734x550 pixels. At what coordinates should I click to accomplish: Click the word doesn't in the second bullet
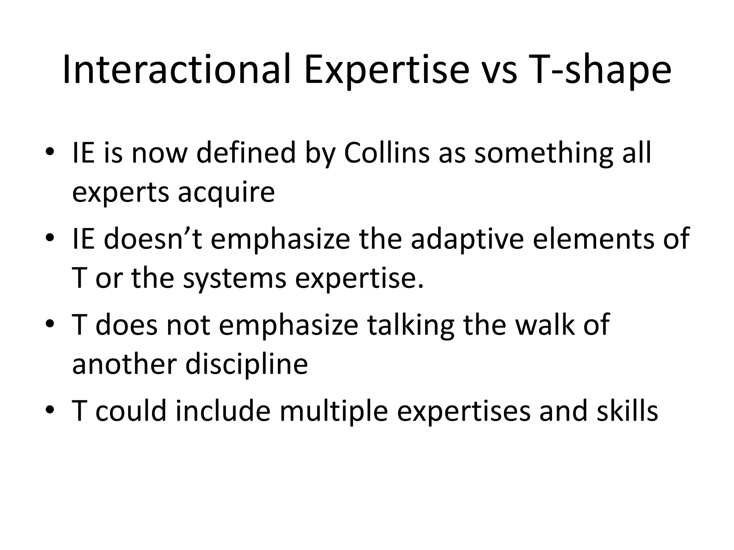[x=153, y=239]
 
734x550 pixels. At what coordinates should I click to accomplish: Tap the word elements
[x=593, y=239]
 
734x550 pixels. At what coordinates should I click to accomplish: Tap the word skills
[x=627, y=411]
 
